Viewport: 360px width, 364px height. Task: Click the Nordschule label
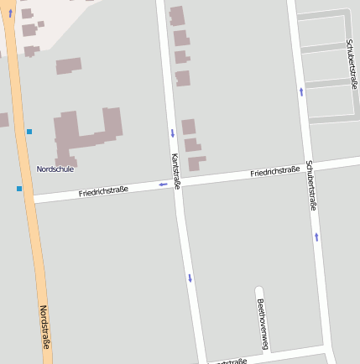pos(55,169)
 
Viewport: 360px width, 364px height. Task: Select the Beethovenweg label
pos(262,324)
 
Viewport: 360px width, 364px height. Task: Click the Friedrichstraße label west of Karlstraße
pos(103,192)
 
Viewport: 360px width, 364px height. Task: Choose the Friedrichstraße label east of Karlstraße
pos(274,172)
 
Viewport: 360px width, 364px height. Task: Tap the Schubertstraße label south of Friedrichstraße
pos(311,185)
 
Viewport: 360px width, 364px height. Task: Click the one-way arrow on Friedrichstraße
pos(163,185)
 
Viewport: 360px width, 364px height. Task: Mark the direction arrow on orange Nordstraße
pos(10,13)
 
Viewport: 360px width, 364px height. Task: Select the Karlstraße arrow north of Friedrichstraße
pos(172,133)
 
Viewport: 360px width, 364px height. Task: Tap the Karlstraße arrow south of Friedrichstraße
pos(190,278)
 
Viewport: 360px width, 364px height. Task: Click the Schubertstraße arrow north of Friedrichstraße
pos(301,91)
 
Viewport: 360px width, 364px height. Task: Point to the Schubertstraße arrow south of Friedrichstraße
pos(316,237)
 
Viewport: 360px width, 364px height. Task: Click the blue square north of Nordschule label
pos(29,132)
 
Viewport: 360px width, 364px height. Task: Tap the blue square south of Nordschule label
pos(18,189)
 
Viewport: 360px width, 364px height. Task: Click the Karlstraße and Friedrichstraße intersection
pos(178,182)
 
